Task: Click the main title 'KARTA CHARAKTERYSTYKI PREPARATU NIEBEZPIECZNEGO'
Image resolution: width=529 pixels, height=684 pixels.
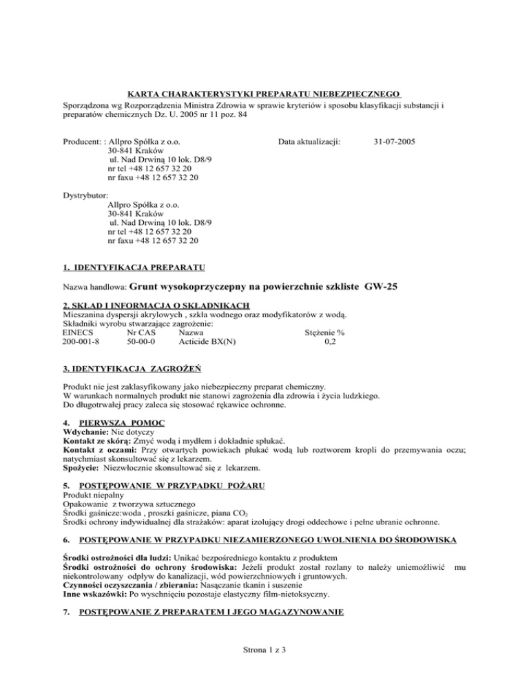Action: [264, 93]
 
